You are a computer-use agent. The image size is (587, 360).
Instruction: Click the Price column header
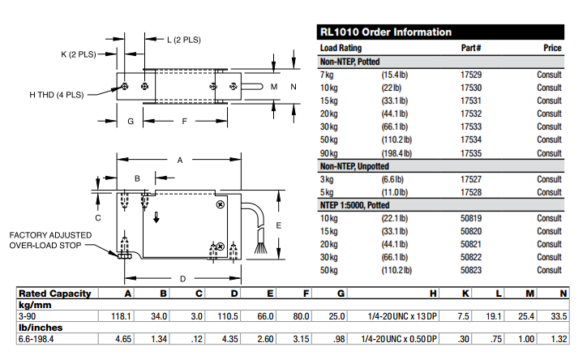(x=552, y=48)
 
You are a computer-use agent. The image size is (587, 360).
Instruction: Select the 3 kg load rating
(x=327, y=179)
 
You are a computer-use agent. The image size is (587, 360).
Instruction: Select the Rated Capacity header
(x=54, y=294)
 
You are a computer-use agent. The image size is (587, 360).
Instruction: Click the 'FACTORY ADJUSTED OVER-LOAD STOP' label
(x=50, y=240)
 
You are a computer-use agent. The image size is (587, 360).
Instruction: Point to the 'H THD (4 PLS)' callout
(x=56, y=95)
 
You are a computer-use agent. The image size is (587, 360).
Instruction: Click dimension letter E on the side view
(x=278, y=225)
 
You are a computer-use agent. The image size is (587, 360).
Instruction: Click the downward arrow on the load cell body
(x=158, y=217)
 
